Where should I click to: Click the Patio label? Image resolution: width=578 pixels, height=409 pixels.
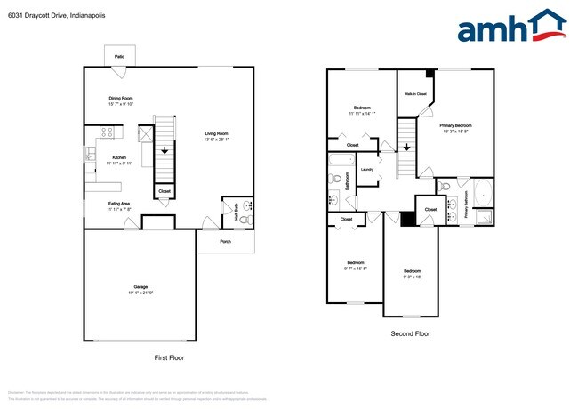tap(119, 56)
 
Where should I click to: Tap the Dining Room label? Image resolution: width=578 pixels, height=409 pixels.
tap(120, 99)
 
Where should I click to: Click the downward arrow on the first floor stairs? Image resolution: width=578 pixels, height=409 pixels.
tap(163, 152)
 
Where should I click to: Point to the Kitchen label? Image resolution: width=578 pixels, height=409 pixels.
tap(119, 158)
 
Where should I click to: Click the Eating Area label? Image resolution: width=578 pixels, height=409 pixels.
tap(119, 204)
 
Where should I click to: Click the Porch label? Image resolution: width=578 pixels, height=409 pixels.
tap(225, 241)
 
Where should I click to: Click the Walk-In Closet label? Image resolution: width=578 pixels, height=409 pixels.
tap(415, 93)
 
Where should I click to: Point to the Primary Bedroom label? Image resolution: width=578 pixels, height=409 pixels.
tap(456, 125)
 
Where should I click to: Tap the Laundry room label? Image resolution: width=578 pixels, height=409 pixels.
tap(366, 169)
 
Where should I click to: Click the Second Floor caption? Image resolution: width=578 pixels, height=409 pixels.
tap(411, 333)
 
